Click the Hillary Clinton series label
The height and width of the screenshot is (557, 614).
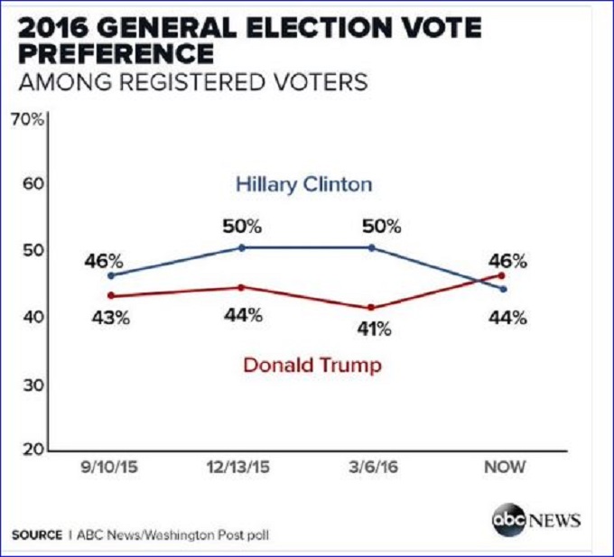coord(303,185)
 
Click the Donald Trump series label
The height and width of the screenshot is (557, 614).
coord(312,366)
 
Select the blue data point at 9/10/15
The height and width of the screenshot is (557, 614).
coord(111,275)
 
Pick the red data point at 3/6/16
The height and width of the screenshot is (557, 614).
coord(370,308)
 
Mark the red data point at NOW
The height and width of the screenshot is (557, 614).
coord(502,274)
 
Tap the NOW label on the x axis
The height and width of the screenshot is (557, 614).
coord(503,468)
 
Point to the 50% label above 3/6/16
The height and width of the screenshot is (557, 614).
coord(380,227)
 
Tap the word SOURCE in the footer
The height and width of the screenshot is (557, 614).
coord(37,534)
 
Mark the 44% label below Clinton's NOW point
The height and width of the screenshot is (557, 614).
coord(508,317)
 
